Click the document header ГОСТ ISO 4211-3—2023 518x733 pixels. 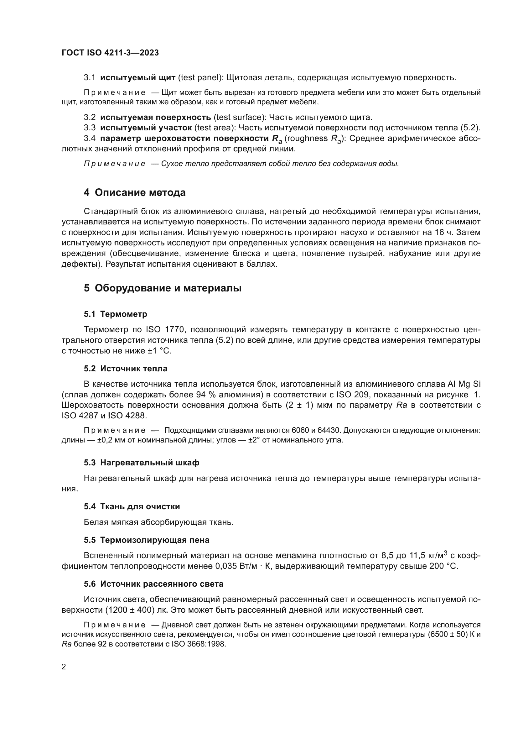[110, 53]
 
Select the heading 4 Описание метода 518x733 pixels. [134, 193]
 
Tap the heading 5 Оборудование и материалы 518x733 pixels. [163, 288]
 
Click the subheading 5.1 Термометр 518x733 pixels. [116, 314]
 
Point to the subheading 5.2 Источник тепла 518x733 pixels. [125, 369]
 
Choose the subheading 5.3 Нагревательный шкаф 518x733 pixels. [141, 463]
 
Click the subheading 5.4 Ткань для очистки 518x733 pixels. [132, 507]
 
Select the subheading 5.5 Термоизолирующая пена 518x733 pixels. [146, 540]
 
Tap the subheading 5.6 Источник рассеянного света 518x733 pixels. [153, 584]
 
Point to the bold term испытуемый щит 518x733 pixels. [138, 78]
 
